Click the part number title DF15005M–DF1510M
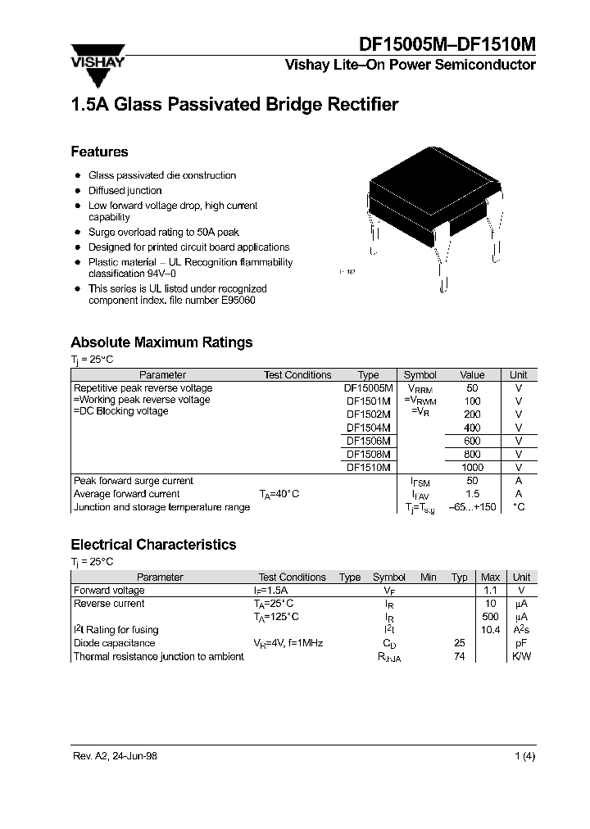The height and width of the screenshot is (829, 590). click(x=448, y=45)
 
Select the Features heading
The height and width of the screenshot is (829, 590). click(x=99, y=152)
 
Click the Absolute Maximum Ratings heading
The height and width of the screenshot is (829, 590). click(x=161, y=342)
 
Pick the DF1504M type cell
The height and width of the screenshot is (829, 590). click(x=368, y=428)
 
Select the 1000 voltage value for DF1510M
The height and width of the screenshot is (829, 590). click(x=472, y=467)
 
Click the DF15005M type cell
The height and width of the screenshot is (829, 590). click(x=368, y=388)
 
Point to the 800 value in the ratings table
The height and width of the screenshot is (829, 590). click(x=472, y=454)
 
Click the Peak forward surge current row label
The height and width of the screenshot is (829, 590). click(x=134, y=481)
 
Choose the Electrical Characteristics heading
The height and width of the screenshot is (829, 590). click(x=153, y=545)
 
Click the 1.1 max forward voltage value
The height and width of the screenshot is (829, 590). click(x=490, y=591)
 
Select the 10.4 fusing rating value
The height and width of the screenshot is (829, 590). click(x=490, y=630)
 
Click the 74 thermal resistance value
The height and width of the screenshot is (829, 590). click(x=460, y=656)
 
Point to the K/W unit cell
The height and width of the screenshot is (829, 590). click(x=521, y=656)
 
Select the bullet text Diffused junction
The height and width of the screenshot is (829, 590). click(x=125, y=190)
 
